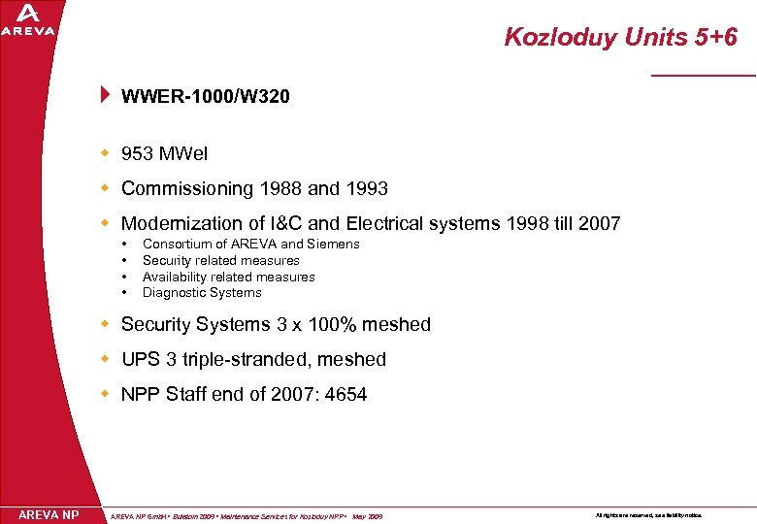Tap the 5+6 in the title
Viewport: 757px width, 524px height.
pyautogui.click(x=715, y=38)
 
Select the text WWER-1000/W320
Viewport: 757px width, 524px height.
pyautogui.click(x=205, y=96)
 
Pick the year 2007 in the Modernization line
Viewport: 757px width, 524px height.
pyautogui.click(x=599, y=224)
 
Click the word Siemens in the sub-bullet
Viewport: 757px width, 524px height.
pyautogui.click(x=334, y=245)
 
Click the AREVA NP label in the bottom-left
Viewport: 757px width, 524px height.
pyautogui.click(x=49, y=514)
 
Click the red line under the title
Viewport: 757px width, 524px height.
pyautogui.click(x=703, y=75)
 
